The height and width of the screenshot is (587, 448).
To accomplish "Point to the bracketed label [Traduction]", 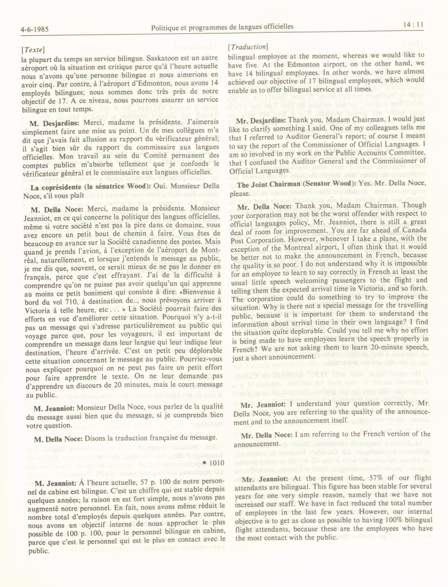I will [x=248, y=47].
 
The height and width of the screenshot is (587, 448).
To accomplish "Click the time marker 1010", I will [x=214, y=463].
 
